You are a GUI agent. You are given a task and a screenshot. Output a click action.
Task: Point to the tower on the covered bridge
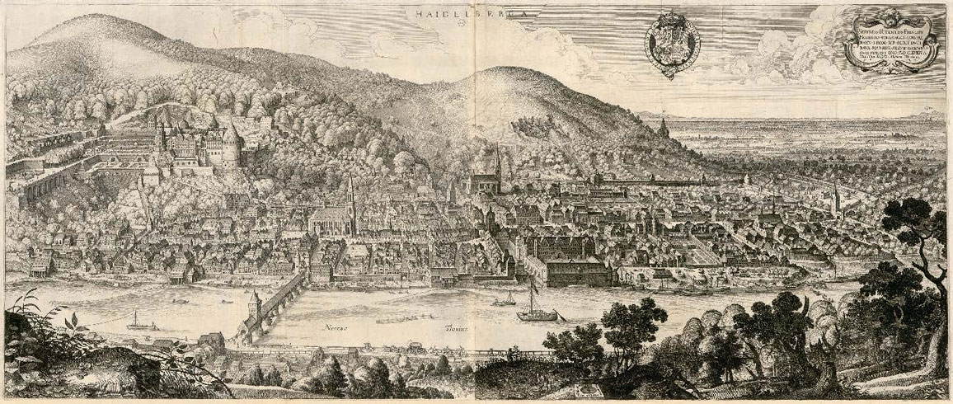tap(254, 303)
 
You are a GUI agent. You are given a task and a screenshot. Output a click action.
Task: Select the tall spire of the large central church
tap(350, 194)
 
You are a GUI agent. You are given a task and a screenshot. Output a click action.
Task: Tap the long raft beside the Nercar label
tap(396, 317)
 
